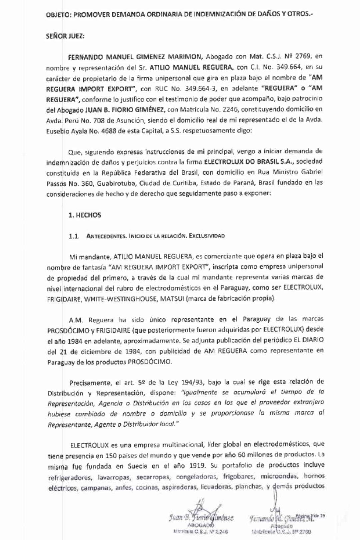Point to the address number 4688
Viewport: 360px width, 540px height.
(x=125, y=131)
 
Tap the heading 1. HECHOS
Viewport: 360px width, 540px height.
(x=85, y=215)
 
